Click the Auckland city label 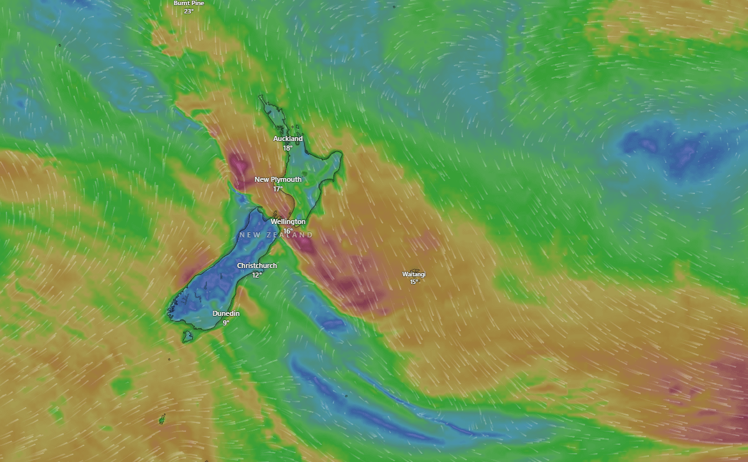(288, 138)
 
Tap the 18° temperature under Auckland (288, 148)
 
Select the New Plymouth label (278, 179)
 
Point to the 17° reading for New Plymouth (278, 189)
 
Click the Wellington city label (288, 221)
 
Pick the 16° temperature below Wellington (288, 231)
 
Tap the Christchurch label (257, 265)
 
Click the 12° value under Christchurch (257, 275)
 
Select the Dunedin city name (226, 313)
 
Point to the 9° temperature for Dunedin (226, 323)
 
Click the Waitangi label (413, 274)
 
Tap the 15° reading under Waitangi (414, 282)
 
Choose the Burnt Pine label (189, 3)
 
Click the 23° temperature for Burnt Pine (189, 11)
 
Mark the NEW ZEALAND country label (276, 235)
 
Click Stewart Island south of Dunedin (187, 336)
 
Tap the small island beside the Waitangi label (416, 271)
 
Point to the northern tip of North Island (260, 96)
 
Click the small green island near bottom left (162, 420)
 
